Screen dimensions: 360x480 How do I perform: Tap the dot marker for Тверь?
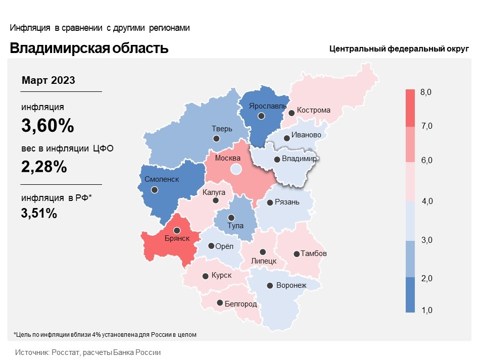(x=217, y=138)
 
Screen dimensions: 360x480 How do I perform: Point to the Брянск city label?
(x=177, y=238)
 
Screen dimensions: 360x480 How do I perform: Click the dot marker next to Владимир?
(x=277, y=160)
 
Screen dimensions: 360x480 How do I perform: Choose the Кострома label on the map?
(x=313, y=110)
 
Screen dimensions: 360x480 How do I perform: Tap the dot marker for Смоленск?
(x=155, y=190)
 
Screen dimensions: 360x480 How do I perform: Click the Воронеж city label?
(x=292, y=285)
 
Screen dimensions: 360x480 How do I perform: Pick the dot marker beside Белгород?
(x=220, y=303)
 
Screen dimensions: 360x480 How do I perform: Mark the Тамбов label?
(x=314, y=253)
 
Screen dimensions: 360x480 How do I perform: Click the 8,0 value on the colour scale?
(x=426, y=92)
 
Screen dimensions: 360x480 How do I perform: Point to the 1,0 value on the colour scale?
(x=426, y=310)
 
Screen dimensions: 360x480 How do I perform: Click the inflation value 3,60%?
(x=47, y=126)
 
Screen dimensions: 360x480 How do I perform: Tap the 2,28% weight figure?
(x=44, y=167)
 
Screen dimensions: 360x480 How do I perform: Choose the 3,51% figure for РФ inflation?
(x=39, y=213)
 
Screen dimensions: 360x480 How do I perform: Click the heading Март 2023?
(x=49, y=80)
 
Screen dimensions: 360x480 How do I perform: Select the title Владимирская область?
(x=89, y=48)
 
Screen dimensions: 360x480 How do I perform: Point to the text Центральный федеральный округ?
(x=399, y=49)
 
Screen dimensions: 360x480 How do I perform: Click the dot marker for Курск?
(x=206, y=276)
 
